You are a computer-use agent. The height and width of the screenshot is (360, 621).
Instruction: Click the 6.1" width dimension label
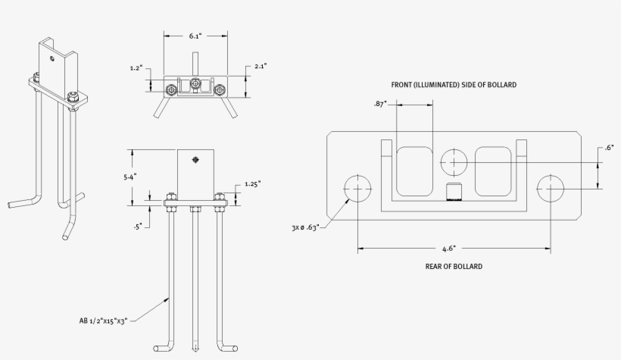point(195,35)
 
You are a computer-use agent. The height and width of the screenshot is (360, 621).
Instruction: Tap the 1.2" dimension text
point(137,68)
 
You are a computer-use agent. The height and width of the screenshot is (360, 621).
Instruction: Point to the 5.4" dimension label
point(130,177)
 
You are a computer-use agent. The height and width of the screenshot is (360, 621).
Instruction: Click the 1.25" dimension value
point(253,184)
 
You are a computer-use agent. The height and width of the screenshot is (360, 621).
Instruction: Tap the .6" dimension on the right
point(609,149)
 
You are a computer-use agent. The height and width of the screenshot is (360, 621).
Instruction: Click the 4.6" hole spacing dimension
point(448,248)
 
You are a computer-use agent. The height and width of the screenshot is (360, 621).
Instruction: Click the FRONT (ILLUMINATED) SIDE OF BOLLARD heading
point(454,85)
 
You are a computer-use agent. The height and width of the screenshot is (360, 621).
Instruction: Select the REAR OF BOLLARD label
point(454,267)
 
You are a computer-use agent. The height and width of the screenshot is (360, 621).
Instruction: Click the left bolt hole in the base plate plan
point(358,188)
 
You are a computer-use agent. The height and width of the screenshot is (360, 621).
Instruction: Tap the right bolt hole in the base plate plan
point(551,188)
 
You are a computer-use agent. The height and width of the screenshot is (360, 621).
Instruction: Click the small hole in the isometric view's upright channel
point(51,58)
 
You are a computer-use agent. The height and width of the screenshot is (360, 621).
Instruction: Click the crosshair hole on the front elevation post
point(196,159)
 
